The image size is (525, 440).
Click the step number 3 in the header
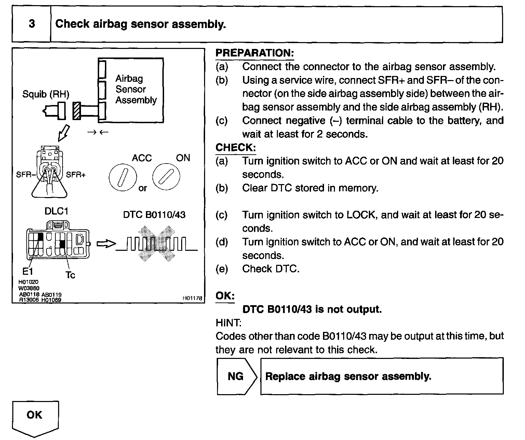tap(31, 24)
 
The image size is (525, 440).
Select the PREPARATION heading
tap(255, 53)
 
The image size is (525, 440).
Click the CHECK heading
tap(235, 147)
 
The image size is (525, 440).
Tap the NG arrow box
tap(236, 376)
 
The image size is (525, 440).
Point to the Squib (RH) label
tap(45, 94)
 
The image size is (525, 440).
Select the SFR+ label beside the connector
tap(76, 174)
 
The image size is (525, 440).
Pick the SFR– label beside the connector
tap(26, 174)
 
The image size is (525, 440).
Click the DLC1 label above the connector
tap(56, 211)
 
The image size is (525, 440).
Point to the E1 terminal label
tap(28, 272)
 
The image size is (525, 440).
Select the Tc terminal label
tap(70, 275)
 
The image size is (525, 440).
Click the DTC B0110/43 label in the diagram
tap(154, 215)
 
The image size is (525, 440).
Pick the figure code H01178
tap(192, 298)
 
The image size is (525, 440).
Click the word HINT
tap(228, 322)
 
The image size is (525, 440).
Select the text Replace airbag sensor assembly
tap(348, 376)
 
